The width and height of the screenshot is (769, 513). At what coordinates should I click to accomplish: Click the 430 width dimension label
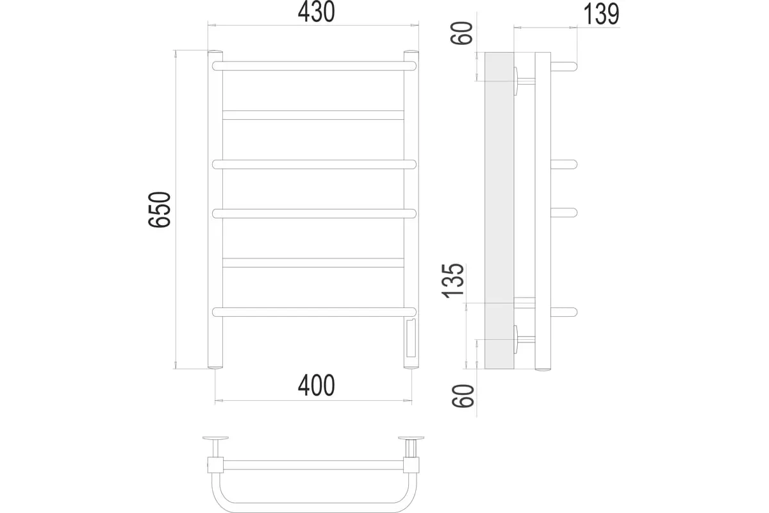click(x=316, y=12)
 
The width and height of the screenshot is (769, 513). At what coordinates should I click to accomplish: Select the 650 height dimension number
click(x=160, y=210)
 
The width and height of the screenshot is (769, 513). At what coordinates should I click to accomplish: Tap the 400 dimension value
click(x=316, y=385)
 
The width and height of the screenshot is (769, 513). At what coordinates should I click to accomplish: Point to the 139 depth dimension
click(x=601, y=15)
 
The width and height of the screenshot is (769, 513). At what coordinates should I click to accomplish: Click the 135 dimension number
click(x=453, y=281)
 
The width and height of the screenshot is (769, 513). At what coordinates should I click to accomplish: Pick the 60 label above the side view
click(x=462, y=33)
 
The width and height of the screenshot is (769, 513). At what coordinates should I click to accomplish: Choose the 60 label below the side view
click(x=463, y=396)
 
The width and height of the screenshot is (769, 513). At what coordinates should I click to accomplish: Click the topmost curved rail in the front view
click(x=314, y=66)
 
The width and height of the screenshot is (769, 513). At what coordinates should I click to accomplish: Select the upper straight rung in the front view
click(x=313, y=115)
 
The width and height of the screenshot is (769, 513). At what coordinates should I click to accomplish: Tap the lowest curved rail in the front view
click(x=314, y=312)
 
